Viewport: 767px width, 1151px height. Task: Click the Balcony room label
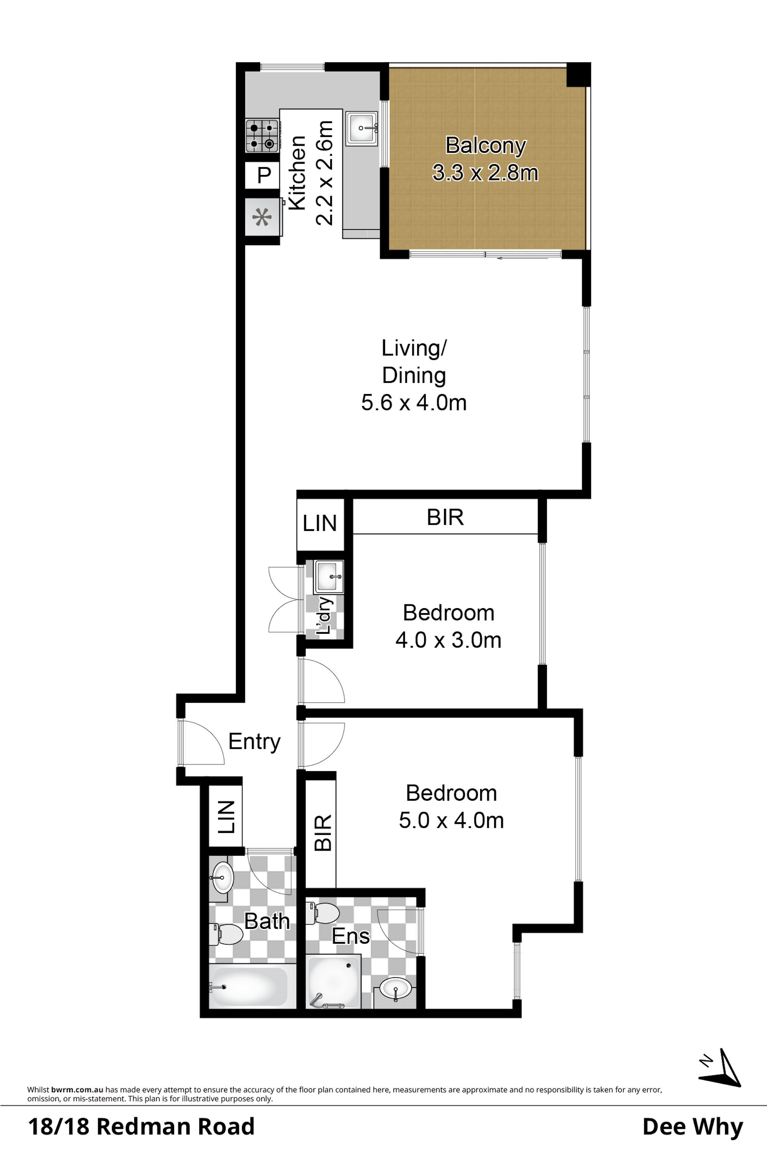pyautogui.click(x=486, y=145)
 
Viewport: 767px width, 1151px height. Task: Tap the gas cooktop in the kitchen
pyautogui.click(x=262, y=135)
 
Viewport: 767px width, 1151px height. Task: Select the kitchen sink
pyautogui.click(x=362, y=128)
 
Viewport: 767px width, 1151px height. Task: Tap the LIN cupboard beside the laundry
pyautogui.click(x=320, y=524)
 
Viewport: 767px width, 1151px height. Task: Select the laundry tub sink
pyautogui.click(x=329, y=577)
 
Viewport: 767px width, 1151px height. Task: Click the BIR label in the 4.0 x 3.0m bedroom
pyautogui.click(x=445, y=517)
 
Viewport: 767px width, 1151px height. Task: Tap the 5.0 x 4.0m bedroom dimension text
pyautogui.click(x=451, y=820)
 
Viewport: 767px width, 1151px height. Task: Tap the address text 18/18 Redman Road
pyautogui.click(x=142, y=1126)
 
